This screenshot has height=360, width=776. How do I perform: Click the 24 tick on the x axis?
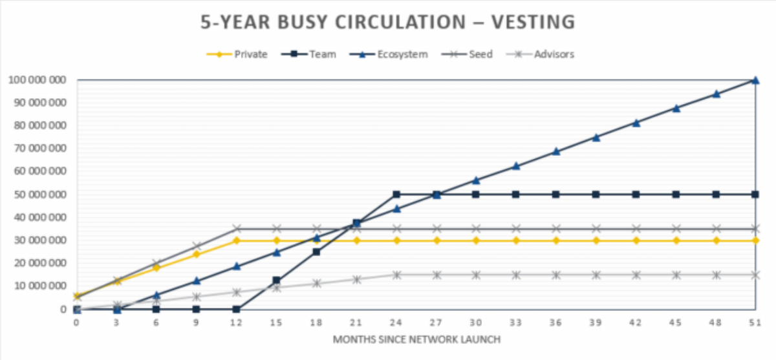396,321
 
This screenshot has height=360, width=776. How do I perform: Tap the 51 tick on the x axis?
755,321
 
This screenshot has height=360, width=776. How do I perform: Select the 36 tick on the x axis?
556,321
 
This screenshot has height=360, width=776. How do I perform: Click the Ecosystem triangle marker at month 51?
755,79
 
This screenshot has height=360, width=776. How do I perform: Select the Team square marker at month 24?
396,195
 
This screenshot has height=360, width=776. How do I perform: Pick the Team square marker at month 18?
317,251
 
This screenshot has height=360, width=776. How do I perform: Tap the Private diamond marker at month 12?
237,240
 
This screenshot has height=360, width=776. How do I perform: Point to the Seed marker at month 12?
237,229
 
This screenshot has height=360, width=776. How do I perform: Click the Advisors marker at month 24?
396,275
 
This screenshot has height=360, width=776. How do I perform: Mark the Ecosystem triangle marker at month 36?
556,151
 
